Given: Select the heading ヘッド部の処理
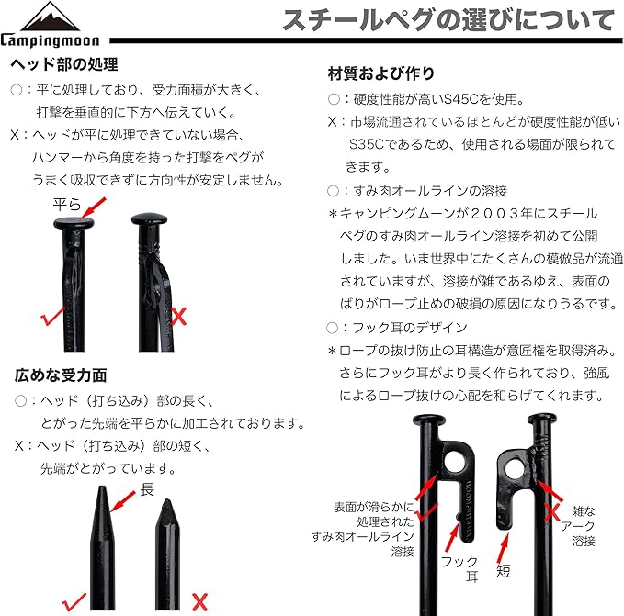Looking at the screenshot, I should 63,66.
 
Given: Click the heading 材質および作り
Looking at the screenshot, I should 381,73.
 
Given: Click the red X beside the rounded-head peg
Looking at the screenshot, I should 181,318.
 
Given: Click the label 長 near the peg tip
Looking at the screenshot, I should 147,490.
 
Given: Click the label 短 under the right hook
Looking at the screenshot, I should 504,570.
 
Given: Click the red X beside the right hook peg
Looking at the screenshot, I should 552,510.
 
